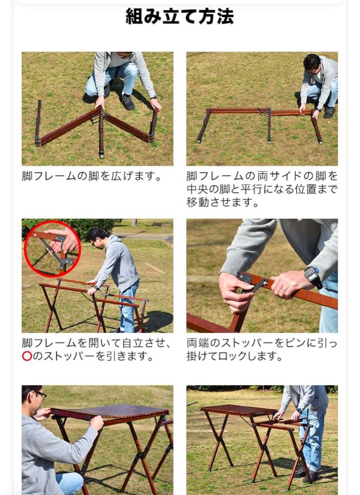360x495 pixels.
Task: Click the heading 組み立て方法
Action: (x=180, y=16)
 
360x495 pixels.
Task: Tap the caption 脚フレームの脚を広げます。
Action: (x=92, y=176)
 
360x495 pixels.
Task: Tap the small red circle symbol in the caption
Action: (x=27, y=356)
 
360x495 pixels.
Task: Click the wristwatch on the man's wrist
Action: (x=311, y=275)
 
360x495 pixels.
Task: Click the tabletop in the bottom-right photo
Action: (x=238, y=410)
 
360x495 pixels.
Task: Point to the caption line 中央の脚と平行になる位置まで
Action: (x=262, y=189)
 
